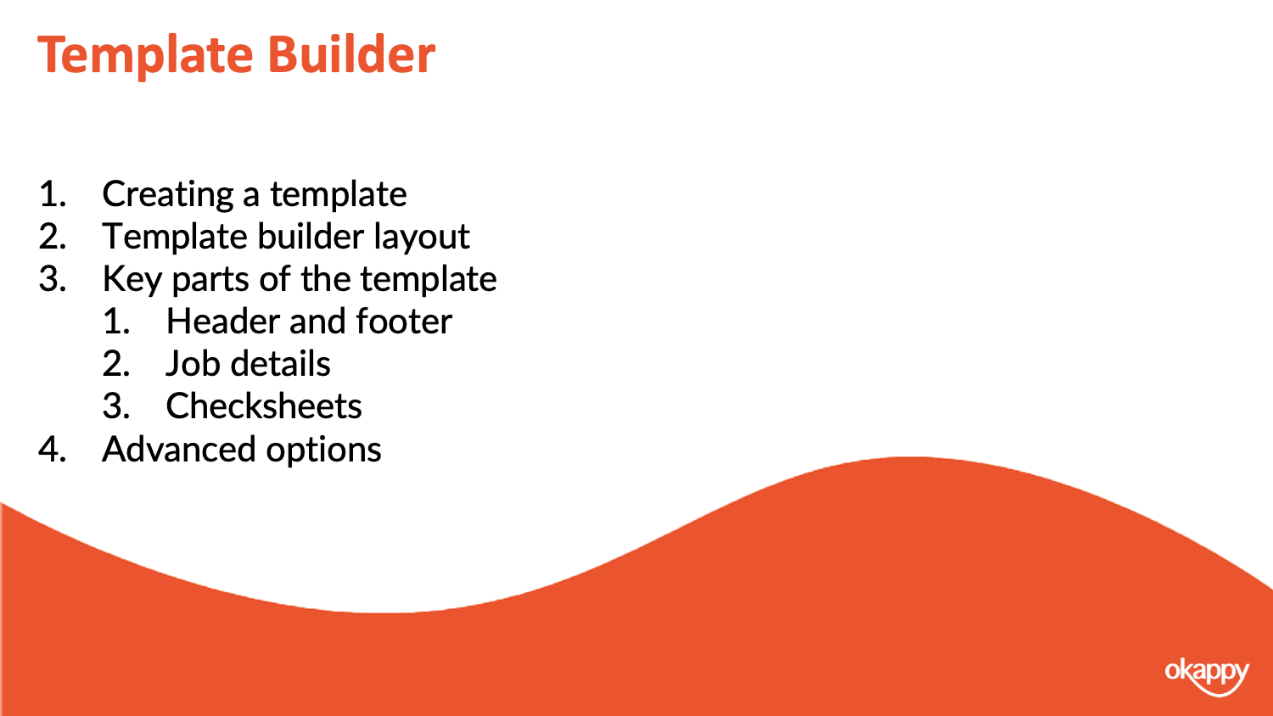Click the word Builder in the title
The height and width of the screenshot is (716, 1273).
tap(351, 54)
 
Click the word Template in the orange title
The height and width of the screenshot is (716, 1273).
tap(145, 57)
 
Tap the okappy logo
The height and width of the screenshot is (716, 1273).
tap(1207, 675)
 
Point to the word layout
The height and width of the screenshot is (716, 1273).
tap(421, 237)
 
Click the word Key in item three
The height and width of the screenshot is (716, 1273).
tap(132, 280)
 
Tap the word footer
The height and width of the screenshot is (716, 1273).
tap(404, 322)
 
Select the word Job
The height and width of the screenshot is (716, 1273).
tap(193, 364)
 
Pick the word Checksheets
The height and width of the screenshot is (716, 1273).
tap(264, 407)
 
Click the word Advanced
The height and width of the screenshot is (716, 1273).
tap(178, 450)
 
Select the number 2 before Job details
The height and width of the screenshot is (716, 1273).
tap(116, 364)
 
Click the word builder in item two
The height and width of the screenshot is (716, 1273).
tap(311, 236)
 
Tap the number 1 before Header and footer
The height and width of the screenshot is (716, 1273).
tap(116, 322)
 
